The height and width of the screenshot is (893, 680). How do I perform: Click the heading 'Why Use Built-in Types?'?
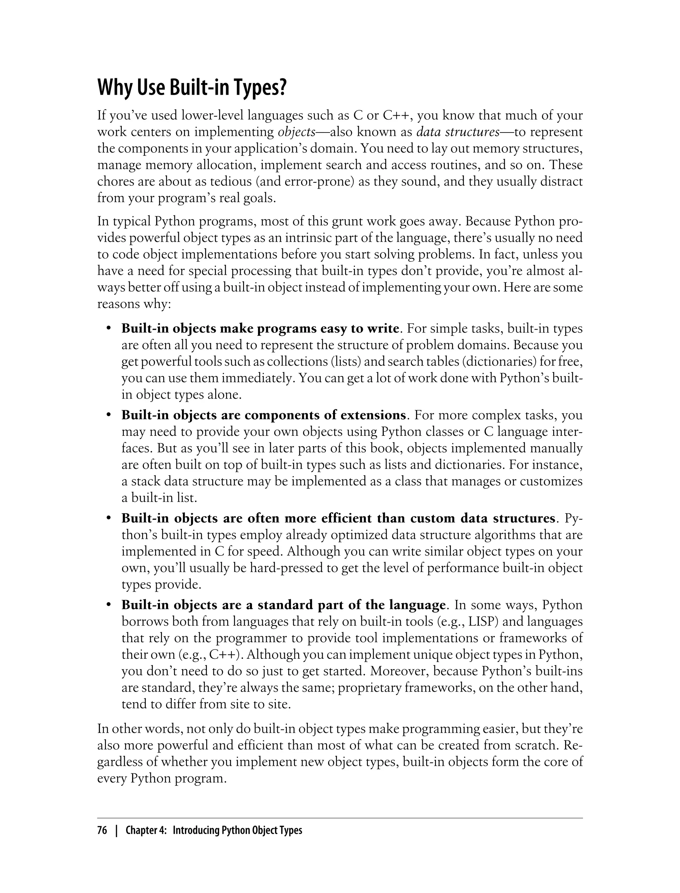pos(192,88)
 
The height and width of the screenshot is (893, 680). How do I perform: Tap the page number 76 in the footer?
pos(102,831)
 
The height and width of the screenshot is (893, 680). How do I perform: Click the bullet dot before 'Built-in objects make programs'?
pos(109,329)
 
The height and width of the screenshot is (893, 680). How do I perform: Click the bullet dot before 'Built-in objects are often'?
pos(109,518)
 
